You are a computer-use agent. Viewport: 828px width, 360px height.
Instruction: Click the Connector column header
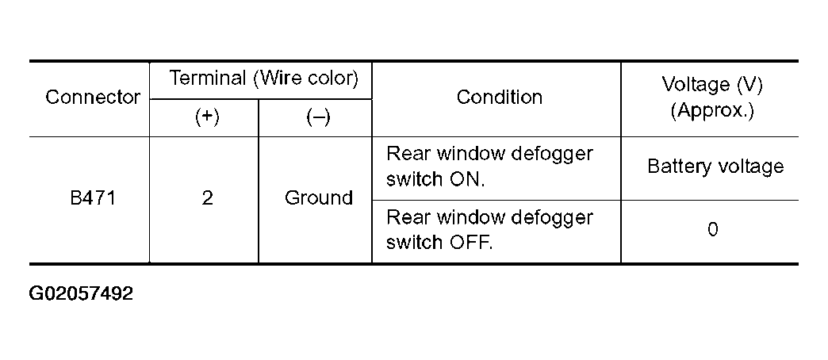pyautogui.click(x=93, y=97)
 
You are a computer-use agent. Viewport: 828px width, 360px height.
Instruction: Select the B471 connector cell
pyautogui.click(x=93, y=198)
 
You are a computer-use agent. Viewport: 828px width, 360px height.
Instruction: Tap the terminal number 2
pyautogui.click(x=207, y=198)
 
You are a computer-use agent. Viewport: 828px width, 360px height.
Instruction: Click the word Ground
pyautogui.click(x=318, y=198)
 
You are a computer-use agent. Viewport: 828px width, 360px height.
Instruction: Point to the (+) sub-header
pyautogui.click(x=207, y=117)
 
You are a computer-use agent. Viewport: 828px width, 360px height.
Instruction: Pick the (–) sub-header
pyautogui.click(x=318, y=117)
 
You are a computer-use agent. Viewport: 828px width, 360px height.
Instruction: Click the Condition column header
pyautogui.click(x=499, y=97)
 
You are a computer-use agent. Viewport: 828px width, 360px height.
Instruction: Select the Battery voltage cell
pyautogui.click(x=715, y=167)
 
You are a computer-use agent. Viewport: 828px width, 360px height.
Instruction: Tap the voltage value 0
pyautogui.click(x=712, y=230)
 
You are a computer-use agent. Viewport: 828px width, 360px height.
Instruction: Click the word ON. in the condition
pyautogui.click(x=467, y=179)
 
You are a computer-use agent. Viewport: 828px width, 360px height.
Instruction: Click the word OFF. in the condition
pyautogui.click(x=470, y=243)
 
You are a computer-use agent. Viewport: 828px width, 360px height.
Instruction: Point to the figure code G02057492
pyautogui.click(x=81, y=293)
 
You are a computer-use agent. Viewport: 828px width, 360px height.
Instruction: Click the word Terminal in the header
pyautogui.click(x=208, y=79)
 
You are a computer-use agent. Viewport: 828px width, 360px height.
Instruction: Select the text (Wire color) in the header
pyautogui.click(x=306, y=79)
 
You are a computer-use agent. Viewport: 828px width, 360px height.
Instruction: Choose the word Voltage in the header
pyautogui.click(x=693, y=85)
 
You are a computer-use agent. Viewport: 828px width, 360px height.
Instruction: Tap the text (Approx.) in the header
pyautogui.click(x=712, y=111)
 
